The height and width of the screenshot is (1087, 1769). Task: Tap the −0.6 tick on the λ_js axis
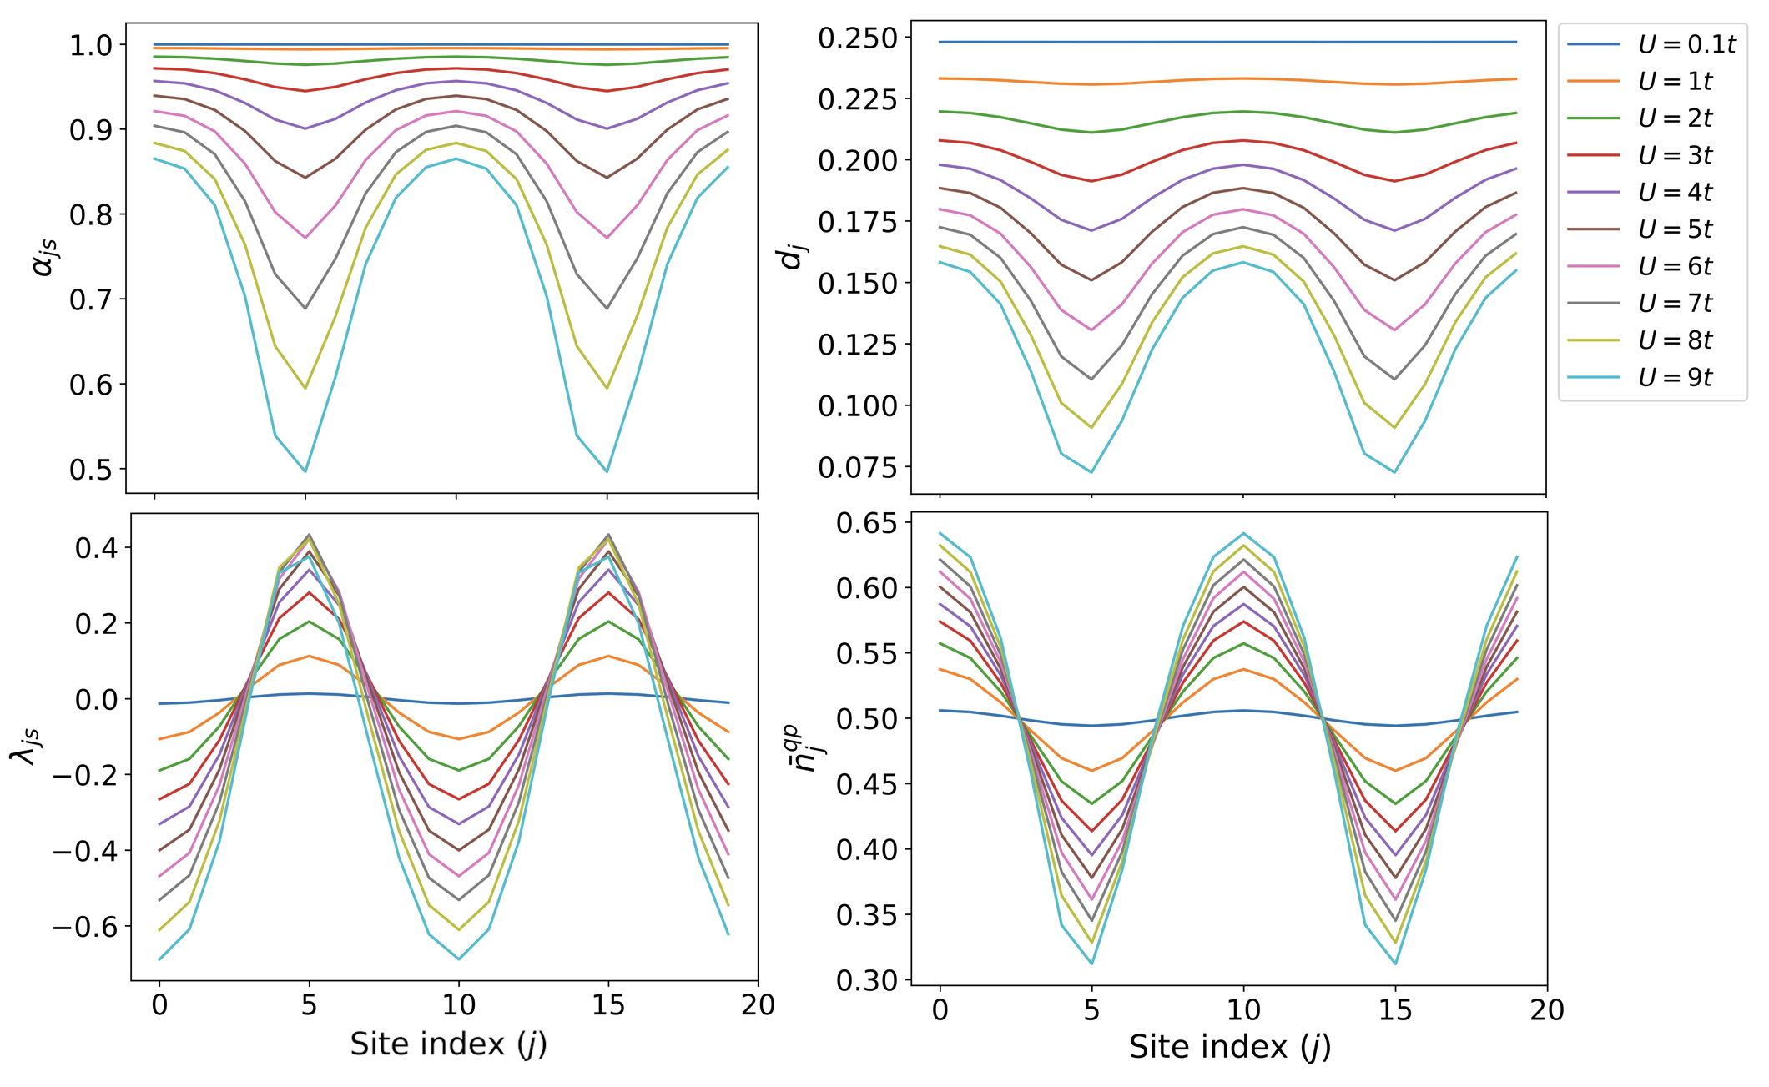point(83,927)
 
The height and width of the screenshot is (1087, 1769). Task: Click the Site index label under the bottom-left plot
point(448,1044)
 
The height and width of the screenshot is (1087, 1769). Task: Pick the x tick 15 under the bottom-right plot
point(1394,1010)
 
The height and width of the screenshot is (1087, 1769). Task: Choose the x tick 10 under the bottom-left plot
point(458,1005)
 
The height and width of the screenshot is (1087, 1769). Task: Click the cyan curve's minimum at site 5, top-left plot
point(305,471)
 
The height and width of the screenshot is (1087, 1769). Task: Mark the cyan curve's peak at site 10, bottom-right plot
point(1243,533)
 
